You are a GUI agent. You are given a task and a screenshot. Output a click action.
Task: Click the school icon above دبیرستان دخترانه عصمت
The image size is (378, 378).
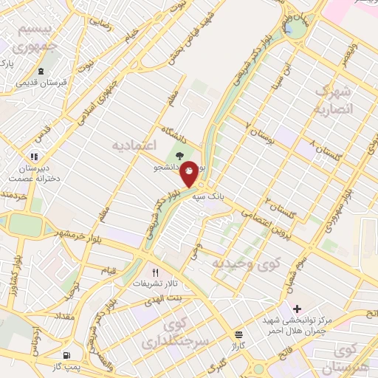(x=32, y=157)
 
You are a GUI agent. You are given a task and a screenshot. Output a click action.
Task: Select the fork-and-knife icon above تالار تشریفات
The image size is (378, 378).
(x=156, y=272)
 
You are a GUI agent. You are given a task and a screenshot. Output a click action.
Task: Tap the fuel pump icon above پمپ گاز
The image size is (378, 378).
(x=68, y=354)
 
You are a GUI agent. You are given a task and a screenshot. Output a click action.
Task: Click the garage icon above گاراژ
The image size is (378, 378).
(x=238, y=334)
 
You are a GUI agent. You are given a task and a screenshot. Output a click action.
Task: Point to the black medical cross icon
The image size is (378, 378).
(x=298, y=309)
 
